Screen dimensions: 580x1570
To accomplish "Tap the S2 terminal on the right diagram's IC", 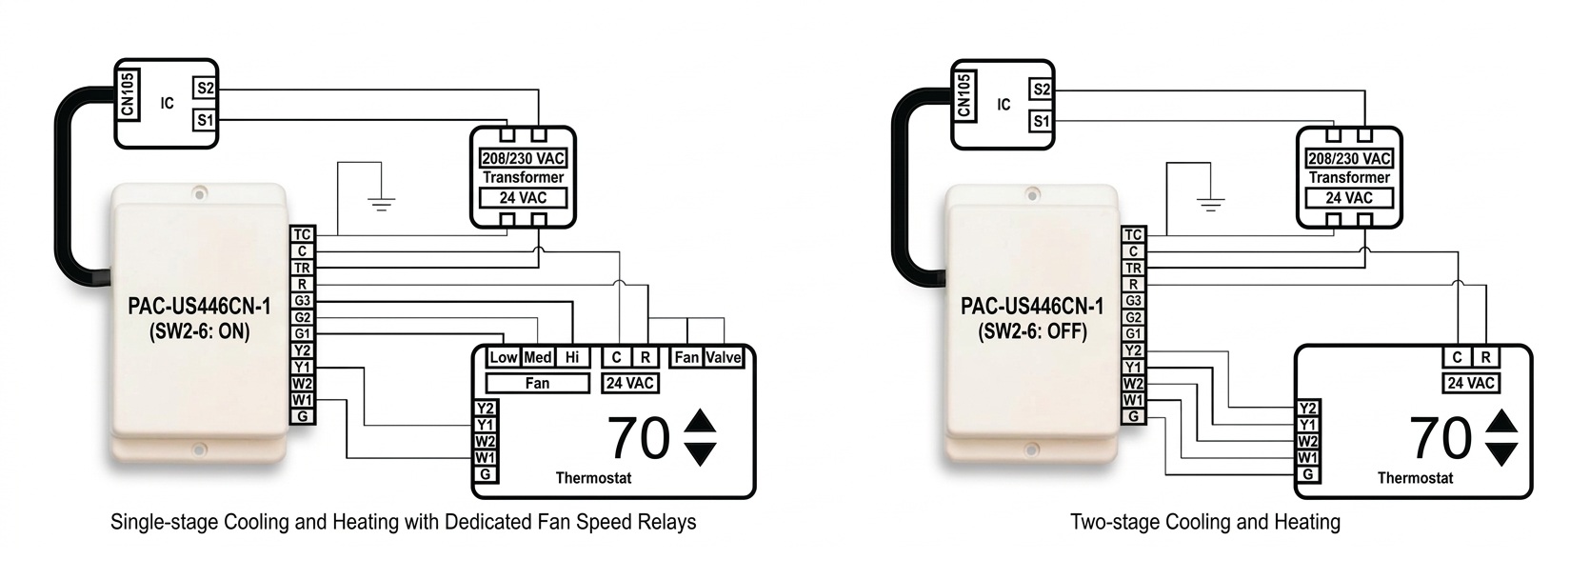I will pyautogui.click(x=1042, y=90).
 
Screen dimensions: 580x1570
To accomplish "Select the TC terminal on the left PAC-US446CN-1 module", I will pyautogui.click(x=302, y=235).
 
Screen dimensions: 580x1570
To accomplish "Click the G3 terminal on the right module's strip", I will pyautogui.click(x=1133, y=301).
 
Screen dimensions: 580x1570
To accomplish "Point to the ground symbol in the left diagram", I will pyautogui.click(x=382, y=202).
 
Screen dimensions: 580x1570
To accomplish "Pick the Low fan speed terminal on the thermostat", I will pyautogui.click(x=503, y=357).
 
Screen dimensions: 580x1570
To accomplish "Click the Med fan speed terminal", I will pyautogui.click(x=538, y=357).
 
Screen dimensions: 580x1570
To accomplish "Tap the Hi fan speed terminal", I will pyautogui.click(x=571, y=357).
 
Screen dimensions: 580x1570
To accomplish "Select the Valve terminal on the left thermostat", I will pyautogui.click(x=724, y=357).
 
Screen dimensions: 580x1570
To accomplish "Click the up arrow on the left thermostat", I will pyautogui.click(x=700, y=420).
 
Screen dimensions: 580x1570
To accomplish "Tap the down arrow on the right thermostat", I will pyautogui.click(x=1501, y=453).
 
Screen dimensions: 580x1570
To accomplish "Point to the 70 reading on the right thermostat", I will pyautogui.click(x=1441, y=438).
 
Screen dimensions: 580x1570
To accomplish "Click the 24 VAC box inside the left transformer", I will pyautogui.click(x=523, y=198).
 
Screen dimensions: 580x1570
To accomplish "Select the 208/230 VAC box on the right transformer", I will pyautogui.click(x=1349, y=158).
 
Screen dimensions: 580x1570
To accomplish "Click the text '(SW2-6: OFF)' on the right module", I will pyautogui.click(x=1032, y=332).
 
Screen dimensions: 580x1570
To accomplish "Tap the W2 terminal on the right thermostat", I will pyautogui.click(x=1308, y=442).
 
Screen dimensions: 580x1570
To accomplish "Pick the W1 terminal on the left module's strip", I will pyautogui.click(x=302, y=400).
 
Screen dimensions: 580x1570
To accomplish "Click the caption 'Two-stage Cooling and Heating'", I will pyautogui.click(x=1204, y=522).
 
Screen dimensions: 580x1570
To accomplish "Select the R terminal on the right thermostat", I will pyautogui.click(x=1485, y=357).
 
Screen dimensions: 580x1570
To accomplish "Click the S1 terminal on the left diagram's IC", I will pyautogui.click(x=205, y=120).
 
